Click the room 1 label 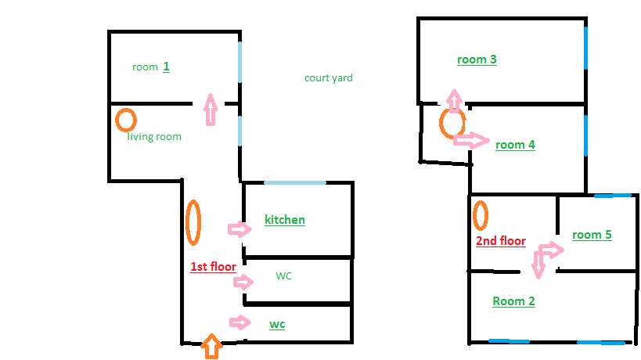tap(151, 67)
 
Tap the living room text tap(154, 136)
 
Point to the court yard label tap(329, 78)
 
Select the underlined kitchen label tap(285, 220)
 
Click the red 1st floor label tap(214, 267)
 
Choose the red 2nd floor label tap(501, 241)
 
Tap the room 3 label tap(477, 59)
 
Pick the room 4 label tap(515, 145)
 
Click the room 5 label tap(592, 235)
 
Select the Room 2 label tap(514, 301)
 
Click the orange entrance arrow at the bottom tap(212, 347)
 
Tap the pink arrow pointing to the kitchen tap(239, 229)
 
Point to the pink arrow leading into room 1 tap(211, 110)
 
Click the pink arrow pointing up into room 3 tap(454, 101)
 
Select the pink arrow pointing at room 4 tap(471, 140)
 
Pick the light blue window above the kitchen tap(295, 182)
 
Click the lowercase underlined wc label tap(277, 325)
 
